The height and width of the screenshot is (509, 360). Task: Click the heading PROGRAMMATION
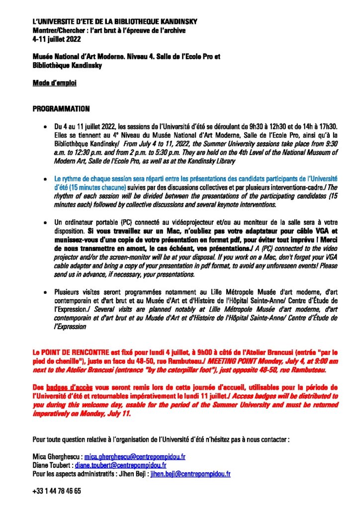(61, 108)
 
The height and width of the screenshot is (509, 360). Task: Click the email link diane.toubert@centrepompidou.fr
(120, 465)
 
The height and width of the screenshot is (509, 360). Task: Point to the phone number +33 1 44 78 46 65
(57, 491)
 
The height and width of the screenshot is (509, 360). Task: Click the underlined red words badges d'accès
(68, 387)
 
